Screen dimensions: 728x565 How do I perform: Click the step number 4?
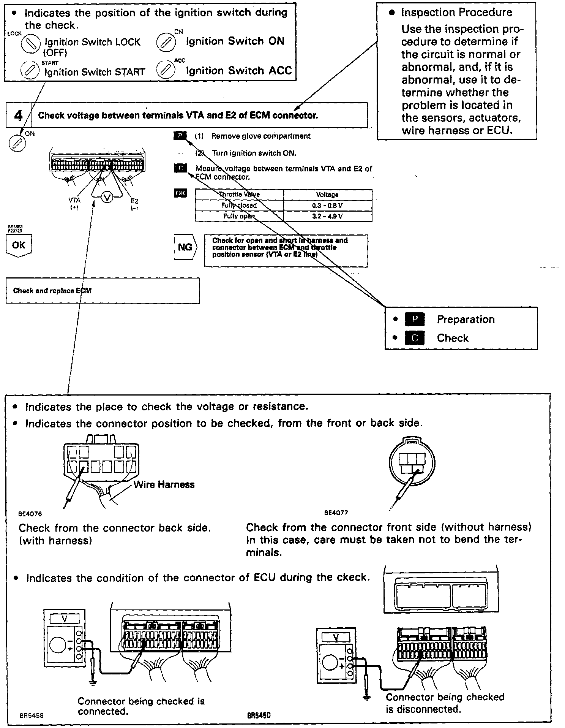[x=18, y=115]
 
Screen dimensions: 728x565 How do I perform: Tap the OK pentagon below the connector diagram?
[x=19, y=245]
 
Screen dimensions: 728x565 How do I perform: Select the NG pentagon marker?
[x=185, y=247]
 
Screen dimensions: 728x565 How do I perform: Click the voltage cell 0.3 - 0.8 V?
[x=327, y=205]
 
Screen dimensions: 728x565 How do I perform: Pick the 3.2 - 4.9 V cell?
[x=327, y=216]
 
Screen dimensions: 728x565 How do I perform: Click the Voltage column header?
[x=327, y=195]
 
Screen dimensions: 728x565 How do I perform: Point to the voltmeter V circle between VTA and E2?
[x=107, y=198]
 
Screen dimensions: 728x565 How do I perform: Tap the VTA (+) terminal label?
[x=74, y=204]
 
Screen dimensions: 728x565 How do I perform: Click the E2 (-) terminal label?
[x=134, y=204]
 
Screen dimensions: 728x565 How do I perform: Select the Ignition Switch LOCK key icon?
[x=30, y=44]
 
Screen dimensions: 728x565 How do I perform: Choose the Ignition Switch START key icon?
[x=30, y=71]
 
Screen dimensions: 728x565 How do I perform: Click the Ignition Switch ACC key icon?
[x=166, y=70]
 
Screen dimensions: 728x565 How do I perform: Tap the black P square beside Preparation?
[x=415, y=320]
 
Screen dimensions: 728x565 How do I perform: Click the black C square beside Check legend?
[x=415, y=338]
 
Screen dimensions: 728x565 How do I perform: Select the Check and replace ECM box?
[x=103, y=291]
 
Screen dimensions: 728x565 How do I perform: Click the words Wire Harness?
[x=164, y=484]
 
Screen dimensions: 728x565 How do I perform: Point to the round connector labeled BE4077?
[x=412, y=462]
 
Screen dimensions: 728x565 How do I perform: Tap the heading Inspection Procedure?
[x=456, y=13]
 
